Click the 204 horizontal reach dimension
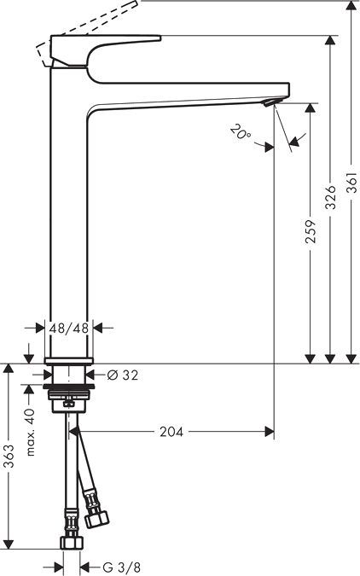171,432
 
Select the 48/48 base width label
68,327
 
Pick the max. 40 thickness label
30,431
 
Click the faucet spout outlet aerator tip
271,103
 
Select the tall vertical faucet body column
71,222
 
